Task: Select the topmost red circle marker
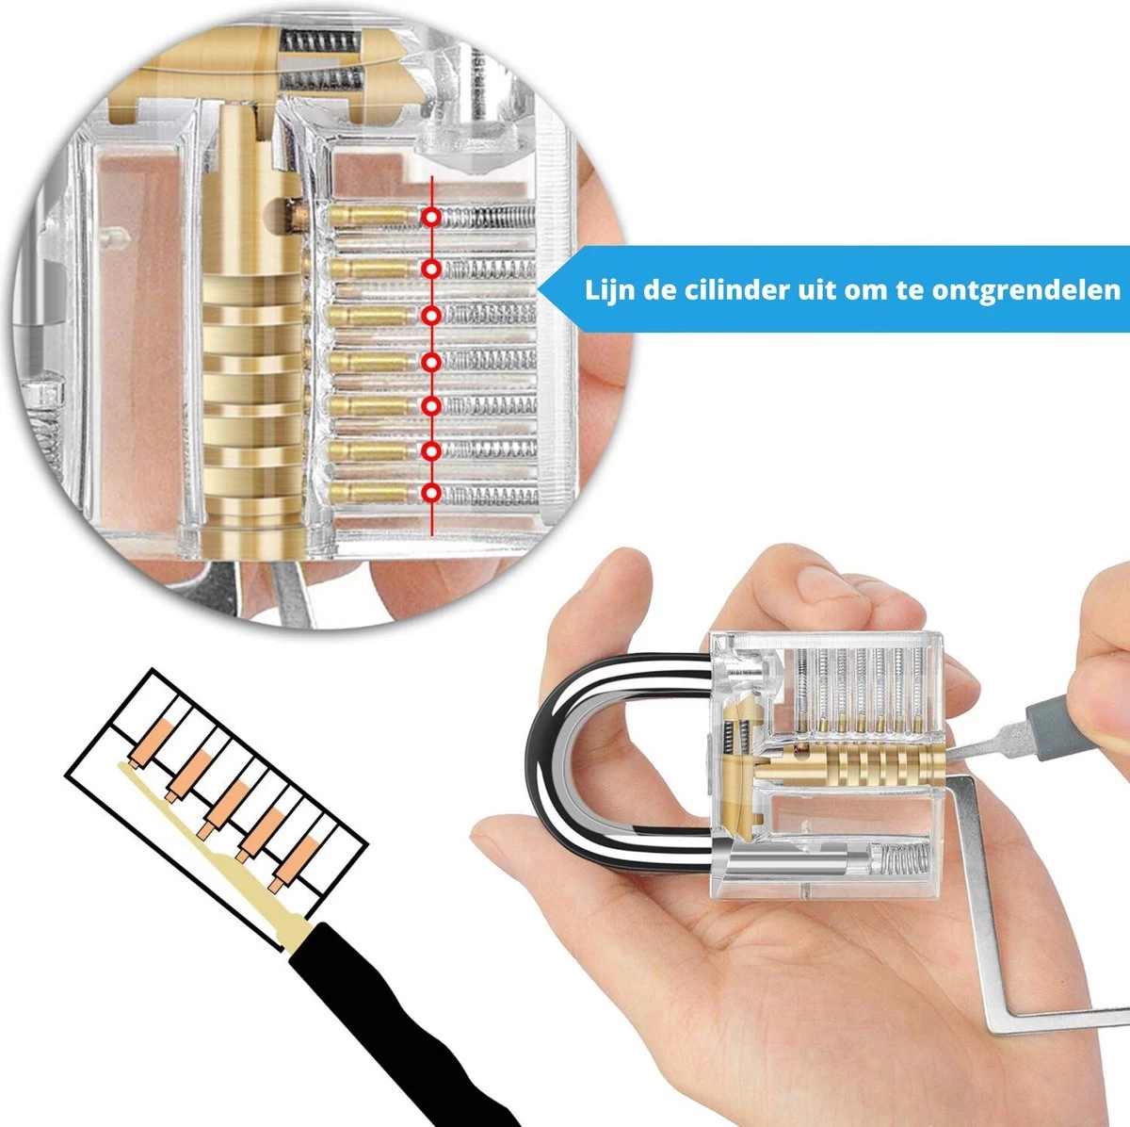point(431,217)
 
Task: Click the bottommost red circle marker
point(431,493)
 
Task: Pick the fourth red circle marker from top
point(431,363)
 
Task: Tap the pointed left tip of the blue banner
point(540,288)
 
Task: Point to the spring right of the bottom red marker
point(490,494)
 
